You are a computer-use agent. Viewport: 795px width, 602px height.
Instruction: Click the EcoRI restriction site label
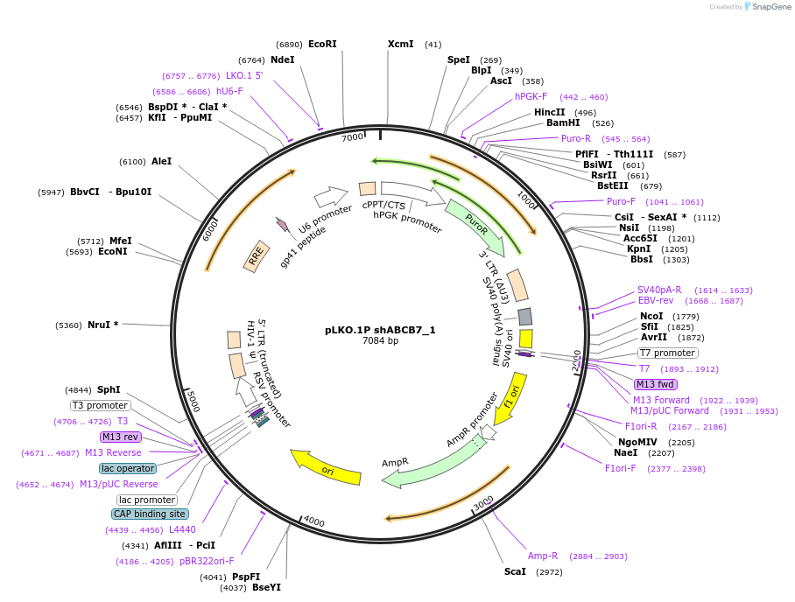point(322,44)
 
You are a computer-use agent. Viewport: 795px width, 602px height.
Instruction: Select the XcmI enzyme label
point(400,44)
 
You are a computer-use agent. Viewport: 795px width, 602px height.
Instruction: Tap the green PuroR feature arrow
point(476,222)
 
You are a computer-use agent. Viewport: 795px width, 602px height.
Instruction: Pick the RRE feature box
point(257,255)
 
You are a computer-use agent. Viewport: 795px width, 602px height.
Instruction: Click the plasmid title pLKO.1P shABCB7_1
point(380,330)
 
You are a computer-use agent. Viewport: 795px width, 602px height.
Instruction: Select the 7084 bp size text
point(380,340)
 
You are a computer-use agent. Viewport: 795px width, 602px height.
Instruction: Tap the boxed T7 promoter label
point(667,353)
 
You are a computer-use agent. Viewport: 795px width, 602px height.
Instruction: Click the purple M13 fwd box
point(656,384)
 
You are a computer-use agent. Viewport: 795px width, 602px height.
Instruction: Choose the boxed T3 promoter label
point(101,405)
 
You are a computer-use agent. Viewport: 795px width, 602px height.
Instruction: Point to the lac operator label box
point(128,468)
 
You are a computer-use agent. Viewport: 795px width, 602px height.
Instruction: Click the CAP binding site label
point(150,514)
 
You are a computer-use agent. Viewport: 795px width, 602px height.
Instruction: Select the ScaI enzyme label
point(515,571)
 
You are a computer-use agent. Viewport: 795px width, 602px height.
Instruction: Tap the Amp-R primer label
point(543,556)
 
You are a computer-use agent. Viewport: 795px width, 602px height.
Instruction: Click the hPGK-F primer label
point(531,96)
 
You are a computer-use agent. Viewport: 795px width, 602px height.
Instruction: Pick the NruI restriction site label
point(102,325)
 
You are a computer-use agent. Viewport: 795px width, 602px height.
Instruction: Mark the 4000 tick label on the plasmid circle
point(313,522)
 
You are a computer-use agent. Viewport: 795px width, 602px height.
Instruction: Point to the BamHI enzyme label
point(563,122)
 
